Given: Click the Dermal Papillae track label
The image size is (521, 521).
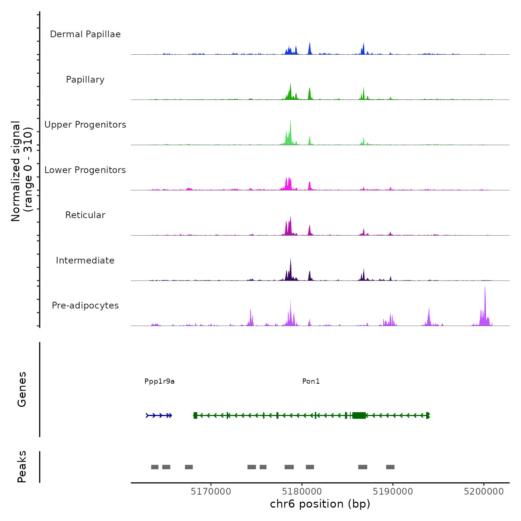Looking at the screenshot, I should [x=85, y=34].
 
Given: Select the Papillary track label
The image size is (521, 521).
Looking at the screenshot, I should [x=85, y=80].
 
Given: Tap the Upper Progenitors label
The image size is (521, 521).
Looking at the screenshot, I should [x=85, y=125].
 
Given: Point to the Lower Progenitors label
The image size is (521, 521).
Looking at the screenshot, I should [x=85, y=170].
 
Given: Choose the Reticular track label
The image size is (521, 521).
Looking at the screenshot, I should [x=85, y=215].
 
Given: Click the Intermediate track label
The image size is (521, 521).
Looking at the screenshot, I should [x=85, y=260].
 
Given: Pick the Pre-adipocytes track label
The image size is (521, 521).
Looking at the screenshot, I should [x=85, y=306].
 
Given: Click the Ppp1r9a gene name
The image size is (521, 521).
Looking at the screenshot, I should [x=159, y=381].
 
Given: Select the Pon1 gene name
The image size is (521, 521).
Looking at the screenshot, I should [x=311, y=381].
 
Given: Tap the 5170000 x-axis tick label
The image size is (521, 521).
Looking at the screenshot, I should [x=211, y=492].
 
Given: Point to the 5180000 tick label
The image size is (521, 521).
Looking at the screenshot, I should [x=302, y=492].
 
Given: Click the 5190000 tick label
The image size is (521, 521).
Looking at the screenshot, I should [x=393, y=492].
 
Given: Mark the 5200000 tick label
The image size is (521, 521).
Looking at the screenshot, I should [x=484, y=492].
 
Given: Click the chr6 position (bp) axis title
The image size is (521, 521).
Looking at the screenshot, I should [x=320, y=504].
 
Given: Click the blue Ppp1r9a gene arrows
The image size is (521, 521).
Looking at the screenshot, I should [x=159, y=415].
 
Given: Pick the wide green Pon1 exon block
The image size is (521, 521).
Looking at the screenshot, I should [x=359, y=415].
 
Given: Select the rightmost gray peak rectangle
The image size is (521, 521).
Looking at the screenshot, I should [x=390, y=467].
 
